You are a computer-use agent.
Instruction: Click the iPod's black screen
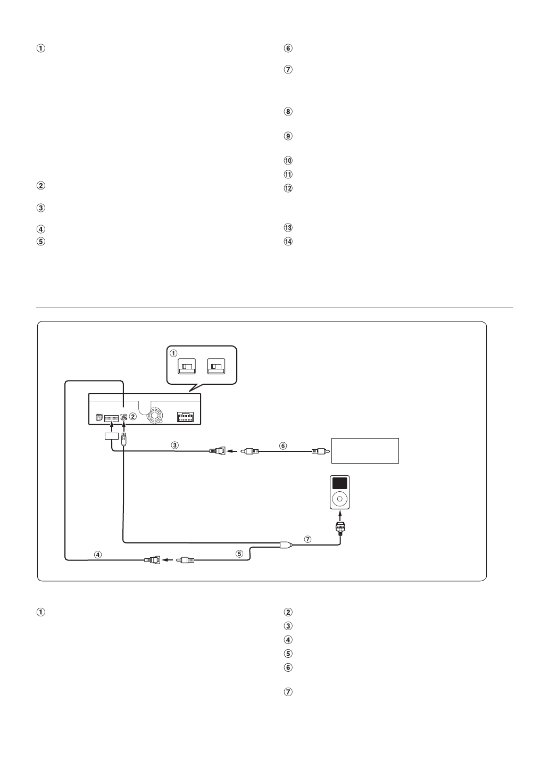coord(339,483)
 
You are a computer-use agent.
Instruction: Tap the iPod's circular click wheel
coord(339,499)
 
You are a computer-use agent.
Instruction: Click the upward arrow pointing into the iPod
coord(339,515)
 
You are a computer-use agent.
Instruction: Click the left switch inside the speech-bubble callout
coord(187,367)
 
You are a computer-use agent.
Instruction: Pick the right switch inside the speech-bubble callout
coord(217,367)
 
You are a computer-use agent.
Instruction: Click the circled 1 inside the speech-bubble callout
coord(173,352)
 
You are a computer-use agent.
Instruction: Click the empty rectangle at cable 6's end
coord(365,451)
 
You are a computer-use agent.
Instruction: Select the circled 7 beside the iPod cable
coord(307,539)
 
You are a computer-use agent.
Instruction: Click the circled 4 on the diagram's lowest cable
coord(98,554)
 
